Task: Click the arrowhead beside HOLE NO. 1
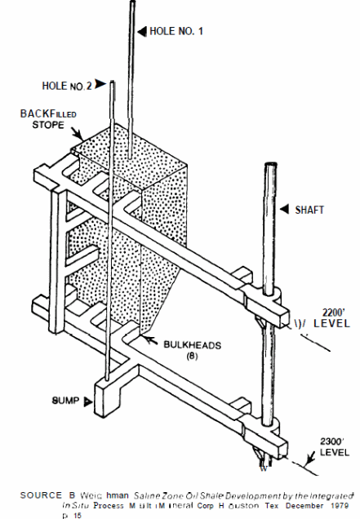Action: pyautogui.click(x=143, y=32)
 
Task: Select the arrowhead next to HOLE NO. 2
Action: pyautogui.click(x=100, y=83)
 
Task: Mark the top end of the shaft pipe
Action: pyautogui.click(x=269, y=166)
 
